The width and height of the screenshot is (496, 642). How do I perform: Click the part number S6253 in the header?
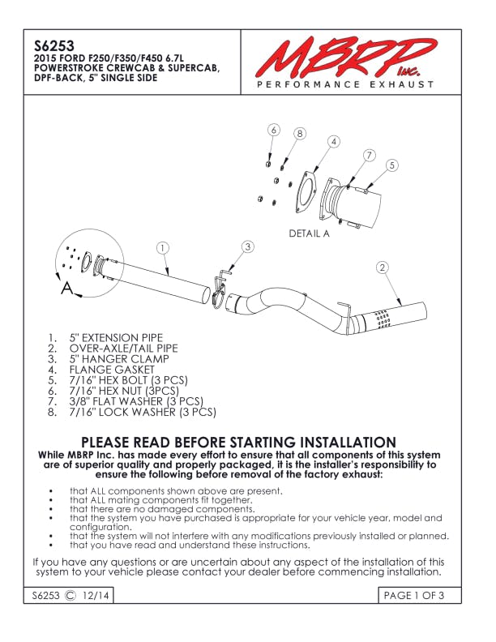[x=49, y=45]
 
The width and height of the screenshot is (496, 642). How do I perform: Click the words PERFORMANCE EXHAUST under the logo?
[x=344, y=85]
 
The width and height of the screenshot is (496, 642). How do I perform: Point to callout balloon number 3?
[x=248, y=246]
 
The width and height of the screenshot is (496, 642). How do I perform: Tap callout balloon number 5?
[x=392, y=165]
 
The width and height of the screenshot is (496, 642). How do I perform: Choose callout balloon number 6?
[x=274, y=131]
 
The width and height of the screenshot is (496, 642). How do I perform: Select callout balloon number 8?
[x=299, y=134]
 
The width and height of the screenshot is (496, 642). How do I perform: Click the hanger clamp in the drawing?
[x=220, y=291]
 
